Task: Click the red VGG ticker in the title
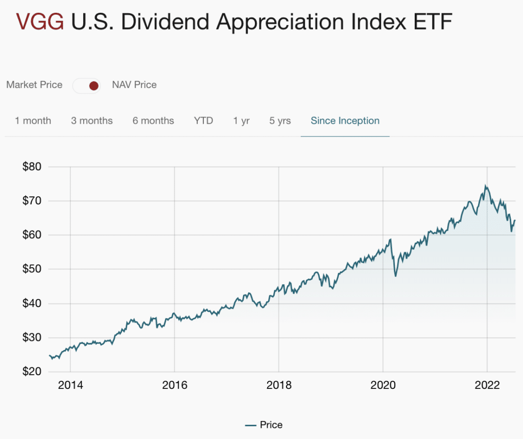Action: [40, 22]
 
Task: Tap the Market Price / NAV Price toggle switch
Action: [87, 85]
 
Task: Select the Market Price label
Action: [34, 85]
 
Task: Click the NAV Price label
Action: [134, 85]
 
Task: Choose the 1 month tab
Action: [33, 121]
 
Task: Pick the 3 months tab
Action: [92, 121]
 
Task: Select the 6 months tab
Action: [153, 121]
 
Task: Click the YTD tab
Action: [203, 121]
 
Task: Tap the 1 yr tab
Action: [242, 121]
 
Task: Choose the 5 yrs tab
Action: [280, 121]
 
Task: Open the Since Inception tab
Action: [345, 121]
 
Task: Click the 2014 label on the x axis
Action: [70, 385]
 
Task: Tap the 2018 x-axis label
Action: [279, 385]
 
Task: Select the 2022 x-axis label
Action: [487, 385]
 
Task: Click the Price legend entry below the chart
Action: [264, 425]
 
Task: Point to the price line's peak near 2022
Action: [485, 186]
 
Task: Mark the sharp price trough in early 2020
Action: [395, 276]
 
